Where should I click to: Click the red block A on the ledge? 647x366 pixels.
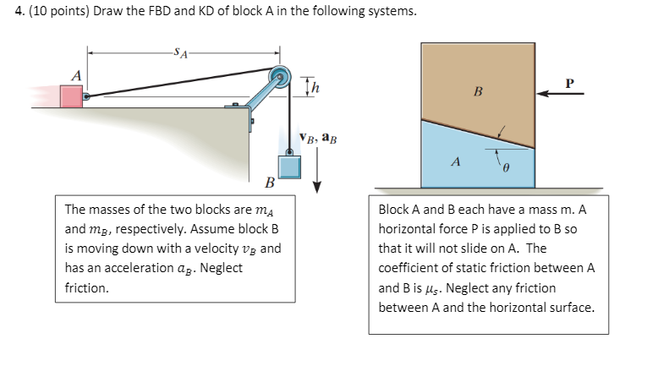[x=71, y=95]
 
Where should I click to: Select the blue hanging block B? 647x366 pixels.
[x=290, y=165]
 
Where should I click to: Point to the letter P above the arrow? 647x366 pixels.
[x=569, y=84]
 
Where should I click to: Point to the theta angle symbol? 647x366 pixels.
[x=509, y=169]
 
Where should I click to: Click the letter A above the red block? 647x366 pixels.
[x=75, y=75]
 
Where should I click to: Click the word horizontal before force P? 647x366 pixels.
[x=410, y=229]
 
